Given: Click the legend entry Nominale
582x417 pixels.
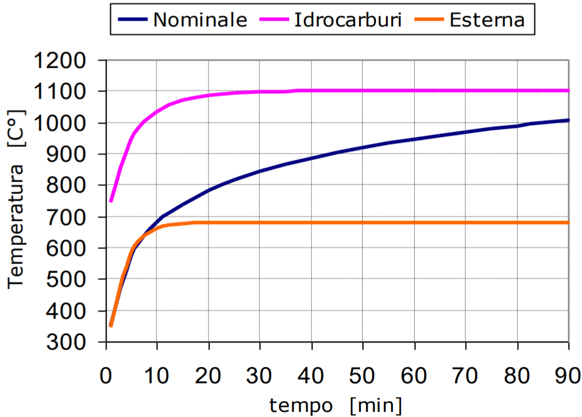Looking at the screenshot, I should tap(200, 20).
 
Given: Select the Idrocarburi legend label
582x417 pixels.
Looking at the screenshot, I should tap(348, 20).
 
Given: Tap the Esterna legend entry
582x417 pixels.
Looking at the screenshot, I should tap(487, 20).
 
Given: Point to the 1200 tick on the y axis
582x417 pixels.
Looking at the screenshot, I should tap(62, 60).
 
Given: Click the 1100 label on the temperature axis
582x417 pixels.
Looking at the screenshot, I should tap(62, 91).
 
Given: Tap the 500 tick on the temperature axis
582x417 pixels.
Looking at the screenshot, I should tap(69, 279).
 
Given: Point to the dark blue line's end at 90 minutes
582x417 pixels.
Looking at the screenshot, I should tap(568, 120).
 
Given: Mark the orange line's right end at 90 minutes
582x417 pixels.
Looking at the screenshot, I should tap(568, 223).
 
